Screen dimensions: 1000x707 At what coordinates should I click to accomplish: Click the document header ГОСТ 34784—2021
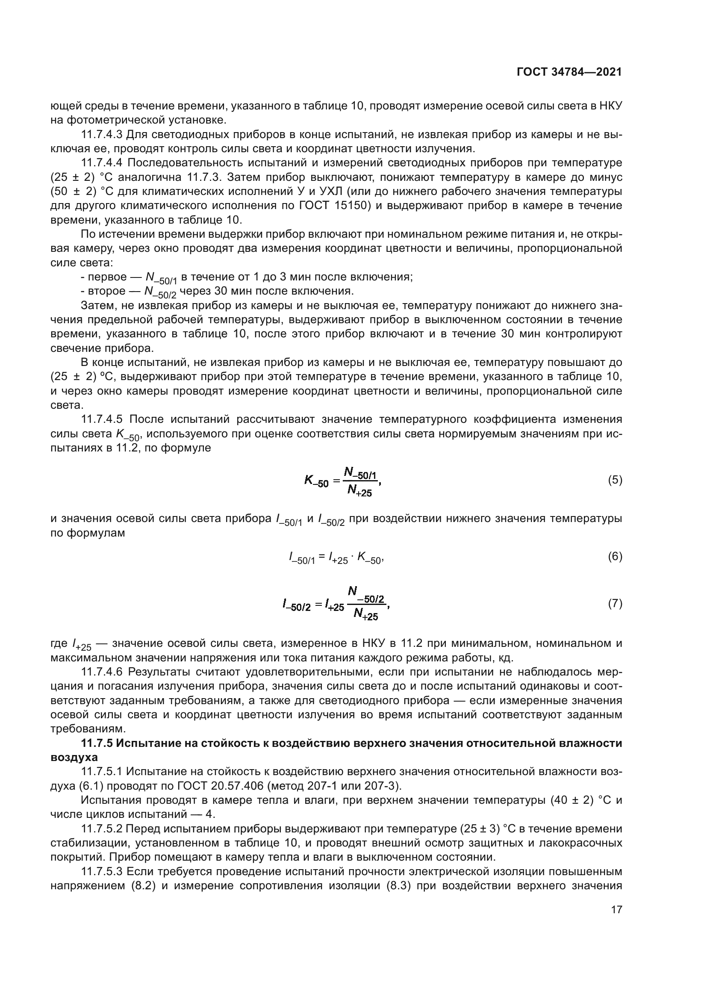569,72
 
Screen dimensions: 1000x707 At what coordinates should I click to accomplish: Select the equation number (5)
615,481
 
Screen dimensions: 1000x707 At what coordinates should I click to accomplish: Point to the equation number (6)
615,556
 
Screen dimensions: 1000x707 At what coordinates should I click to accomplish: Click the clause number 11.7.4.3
102,135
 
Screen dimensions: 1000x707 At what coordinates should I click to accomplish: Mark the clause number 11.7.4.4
102,163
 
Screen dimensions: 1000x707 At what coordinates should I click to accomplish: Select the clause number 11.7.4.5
102,419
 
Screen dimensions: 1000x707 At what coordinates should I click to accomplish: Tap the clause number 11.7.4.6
102,672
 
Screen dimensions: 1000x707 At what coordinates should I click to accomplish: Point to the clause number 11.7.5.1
102,772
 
